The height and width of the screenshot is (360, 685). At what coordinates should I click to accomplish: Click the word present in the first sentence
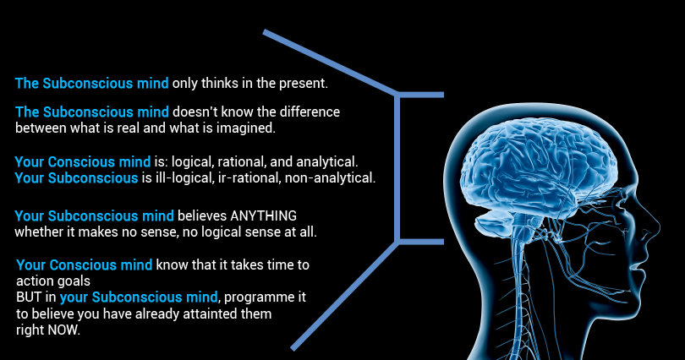point(303,85)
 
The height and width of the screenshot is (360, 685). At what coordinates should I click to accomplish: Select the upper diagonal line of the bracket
point(330,62)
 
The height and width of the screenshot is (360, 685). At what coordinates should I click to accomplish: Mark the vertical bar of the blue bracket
point(397,169)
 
